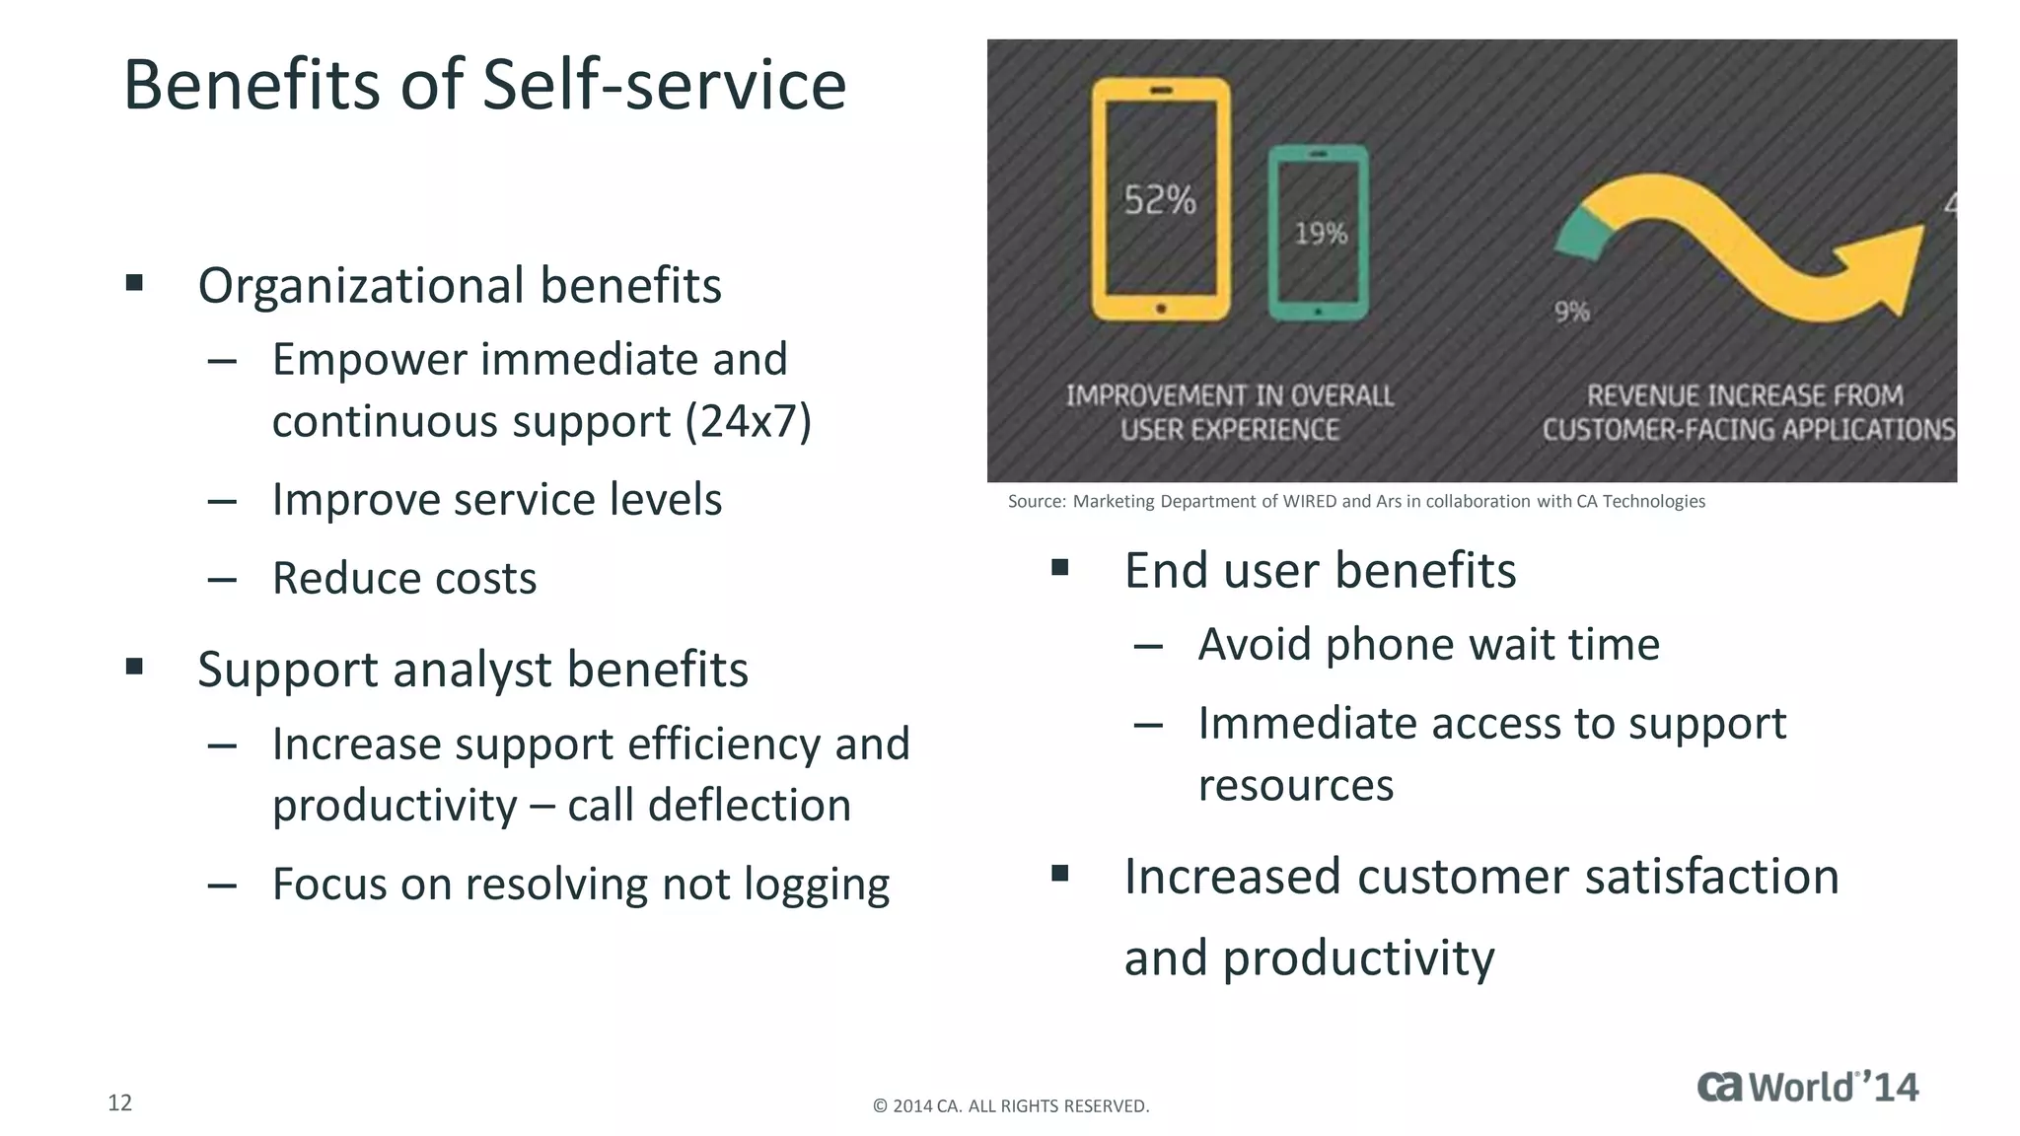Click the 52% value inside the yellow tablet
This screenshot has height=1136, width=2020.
coord(1160,201)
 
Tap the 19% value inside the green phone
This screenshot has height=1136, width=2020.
coord(1321,235)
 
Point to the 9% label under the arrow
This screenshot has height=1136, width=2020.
coord(1572,313)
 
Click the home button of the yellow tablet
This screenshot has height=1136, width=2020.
coord(1161,309)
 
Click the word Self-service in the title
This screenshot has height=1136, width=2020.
coord(664,85)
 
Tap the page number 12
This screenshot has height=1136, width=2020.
coord(119,1102)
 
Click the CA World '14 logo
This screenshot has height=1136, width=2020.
coord(1807,1087)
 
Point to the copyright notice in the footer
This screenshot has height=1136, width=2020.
coord(1011,1106)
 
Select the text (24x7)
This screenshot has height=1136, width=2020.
coord(749,421)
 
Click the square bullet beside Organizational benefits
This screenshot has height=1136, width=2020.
coord(135,284)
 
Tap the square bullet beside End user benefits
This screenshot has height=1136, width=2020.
coord(1060,567)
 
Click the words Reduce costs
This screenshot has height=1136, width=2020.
coord(404,578)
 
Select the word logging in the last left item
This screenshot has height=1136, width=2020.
coord(816,885)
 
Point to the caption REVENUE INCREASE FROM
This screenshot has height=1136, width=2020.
coord(1744,396)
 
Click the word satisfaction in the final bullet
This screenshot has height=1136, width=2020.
coord(1711,877)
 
